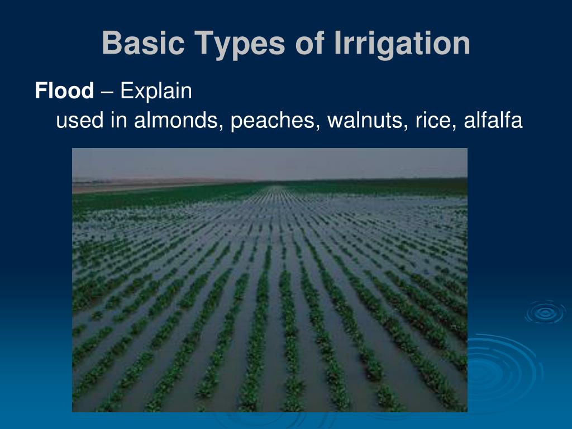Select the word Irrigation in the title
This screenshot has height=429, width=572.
pos(402,44)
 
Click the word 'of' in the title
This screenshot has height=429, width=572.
pos(309,42)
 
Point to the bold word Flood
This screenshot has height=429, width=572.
pos(65,90)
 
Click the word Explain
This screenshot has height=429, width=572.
pos(156,91)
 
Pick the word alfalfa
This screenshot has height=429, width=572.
pos(493,120)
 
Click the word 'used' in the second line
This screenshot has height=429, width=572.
pos(80,121)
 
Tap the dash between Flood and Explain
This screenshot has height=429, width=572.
pos(107,92)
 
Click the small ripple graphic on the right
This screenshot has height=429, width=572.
pos(545,312)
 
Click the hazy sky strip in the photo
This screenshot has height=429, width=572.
pos(270,164)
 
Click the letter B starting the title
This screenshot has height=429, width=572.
pos(112,42)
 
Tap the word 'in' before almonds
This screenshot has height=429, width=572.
pos(119,120)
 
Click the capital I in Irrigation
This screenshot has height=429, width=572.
pos(337,42)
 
